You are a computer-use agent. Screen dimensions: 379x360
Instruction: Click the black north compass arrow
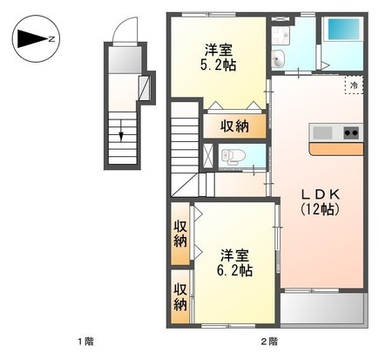(x=32, y=38)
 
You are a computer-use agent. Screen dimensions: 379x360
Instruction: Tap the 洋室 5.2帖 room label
(x=218, y=58)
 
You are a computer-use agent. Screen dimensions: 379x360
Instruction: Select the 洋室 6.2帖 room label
(x=234, y=262)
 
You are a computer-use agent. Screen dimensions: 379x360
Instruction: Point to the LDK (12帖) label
(x=320, y=202)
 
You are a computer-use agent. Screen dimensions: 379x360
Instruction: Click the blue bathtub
(x=343, y=29)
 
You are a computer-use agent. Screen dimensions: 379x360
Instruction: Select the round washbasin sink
(x=279, y=58)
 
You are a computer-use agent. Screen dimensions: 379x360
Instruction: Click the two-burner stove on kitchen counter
(x=351, y=132)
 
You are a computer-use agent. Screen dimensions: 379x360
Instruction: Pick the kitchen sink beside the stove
(x=322, y=132)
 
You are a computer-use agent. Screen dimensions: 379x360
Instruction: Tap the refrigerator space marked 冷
(x=354, y=85)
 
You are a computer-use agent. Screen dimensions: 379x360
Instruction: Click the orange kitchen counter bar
(x=336, y=149)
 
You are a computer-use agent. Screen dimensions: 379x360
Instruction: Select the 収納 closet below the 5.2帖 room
(x=234, y=126)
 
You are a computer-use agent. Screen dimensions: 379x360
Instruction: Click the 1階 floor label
(x=85, y=342)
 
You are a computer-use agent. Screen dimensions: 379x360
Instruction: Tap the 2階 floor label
(x=269, y=342)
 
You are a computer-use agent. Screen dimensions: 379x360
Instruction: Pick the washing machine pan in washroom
(x=281, y=36)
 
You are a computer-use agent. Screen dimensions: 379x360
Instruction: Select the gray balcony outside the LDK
(x=322, y=309)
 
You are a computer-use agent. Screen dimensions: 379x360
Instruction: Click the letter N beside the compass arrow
(x=51, y=38)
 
